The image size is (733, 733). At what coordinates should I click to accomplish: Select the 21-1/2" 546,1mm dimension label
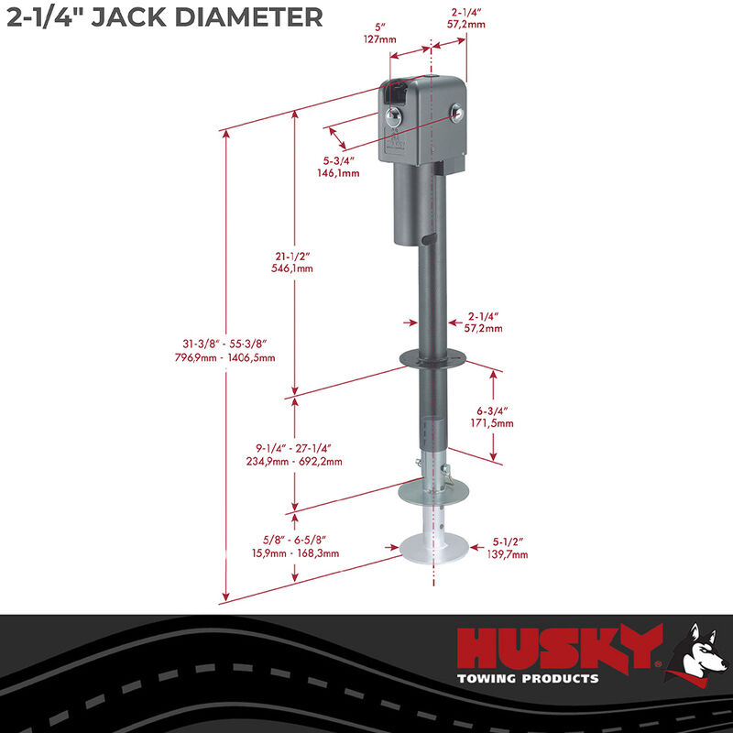tap(293, 263)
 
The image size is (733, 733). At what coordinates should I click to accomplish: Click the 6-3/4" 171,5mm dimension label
tap(495, 417)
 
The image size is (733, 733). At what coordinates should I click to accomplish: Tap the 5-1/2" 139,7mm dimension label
tap(508, 547)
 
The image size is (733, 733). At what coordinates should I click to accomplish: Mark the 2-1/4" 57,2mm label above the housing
tap(468, 18)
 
